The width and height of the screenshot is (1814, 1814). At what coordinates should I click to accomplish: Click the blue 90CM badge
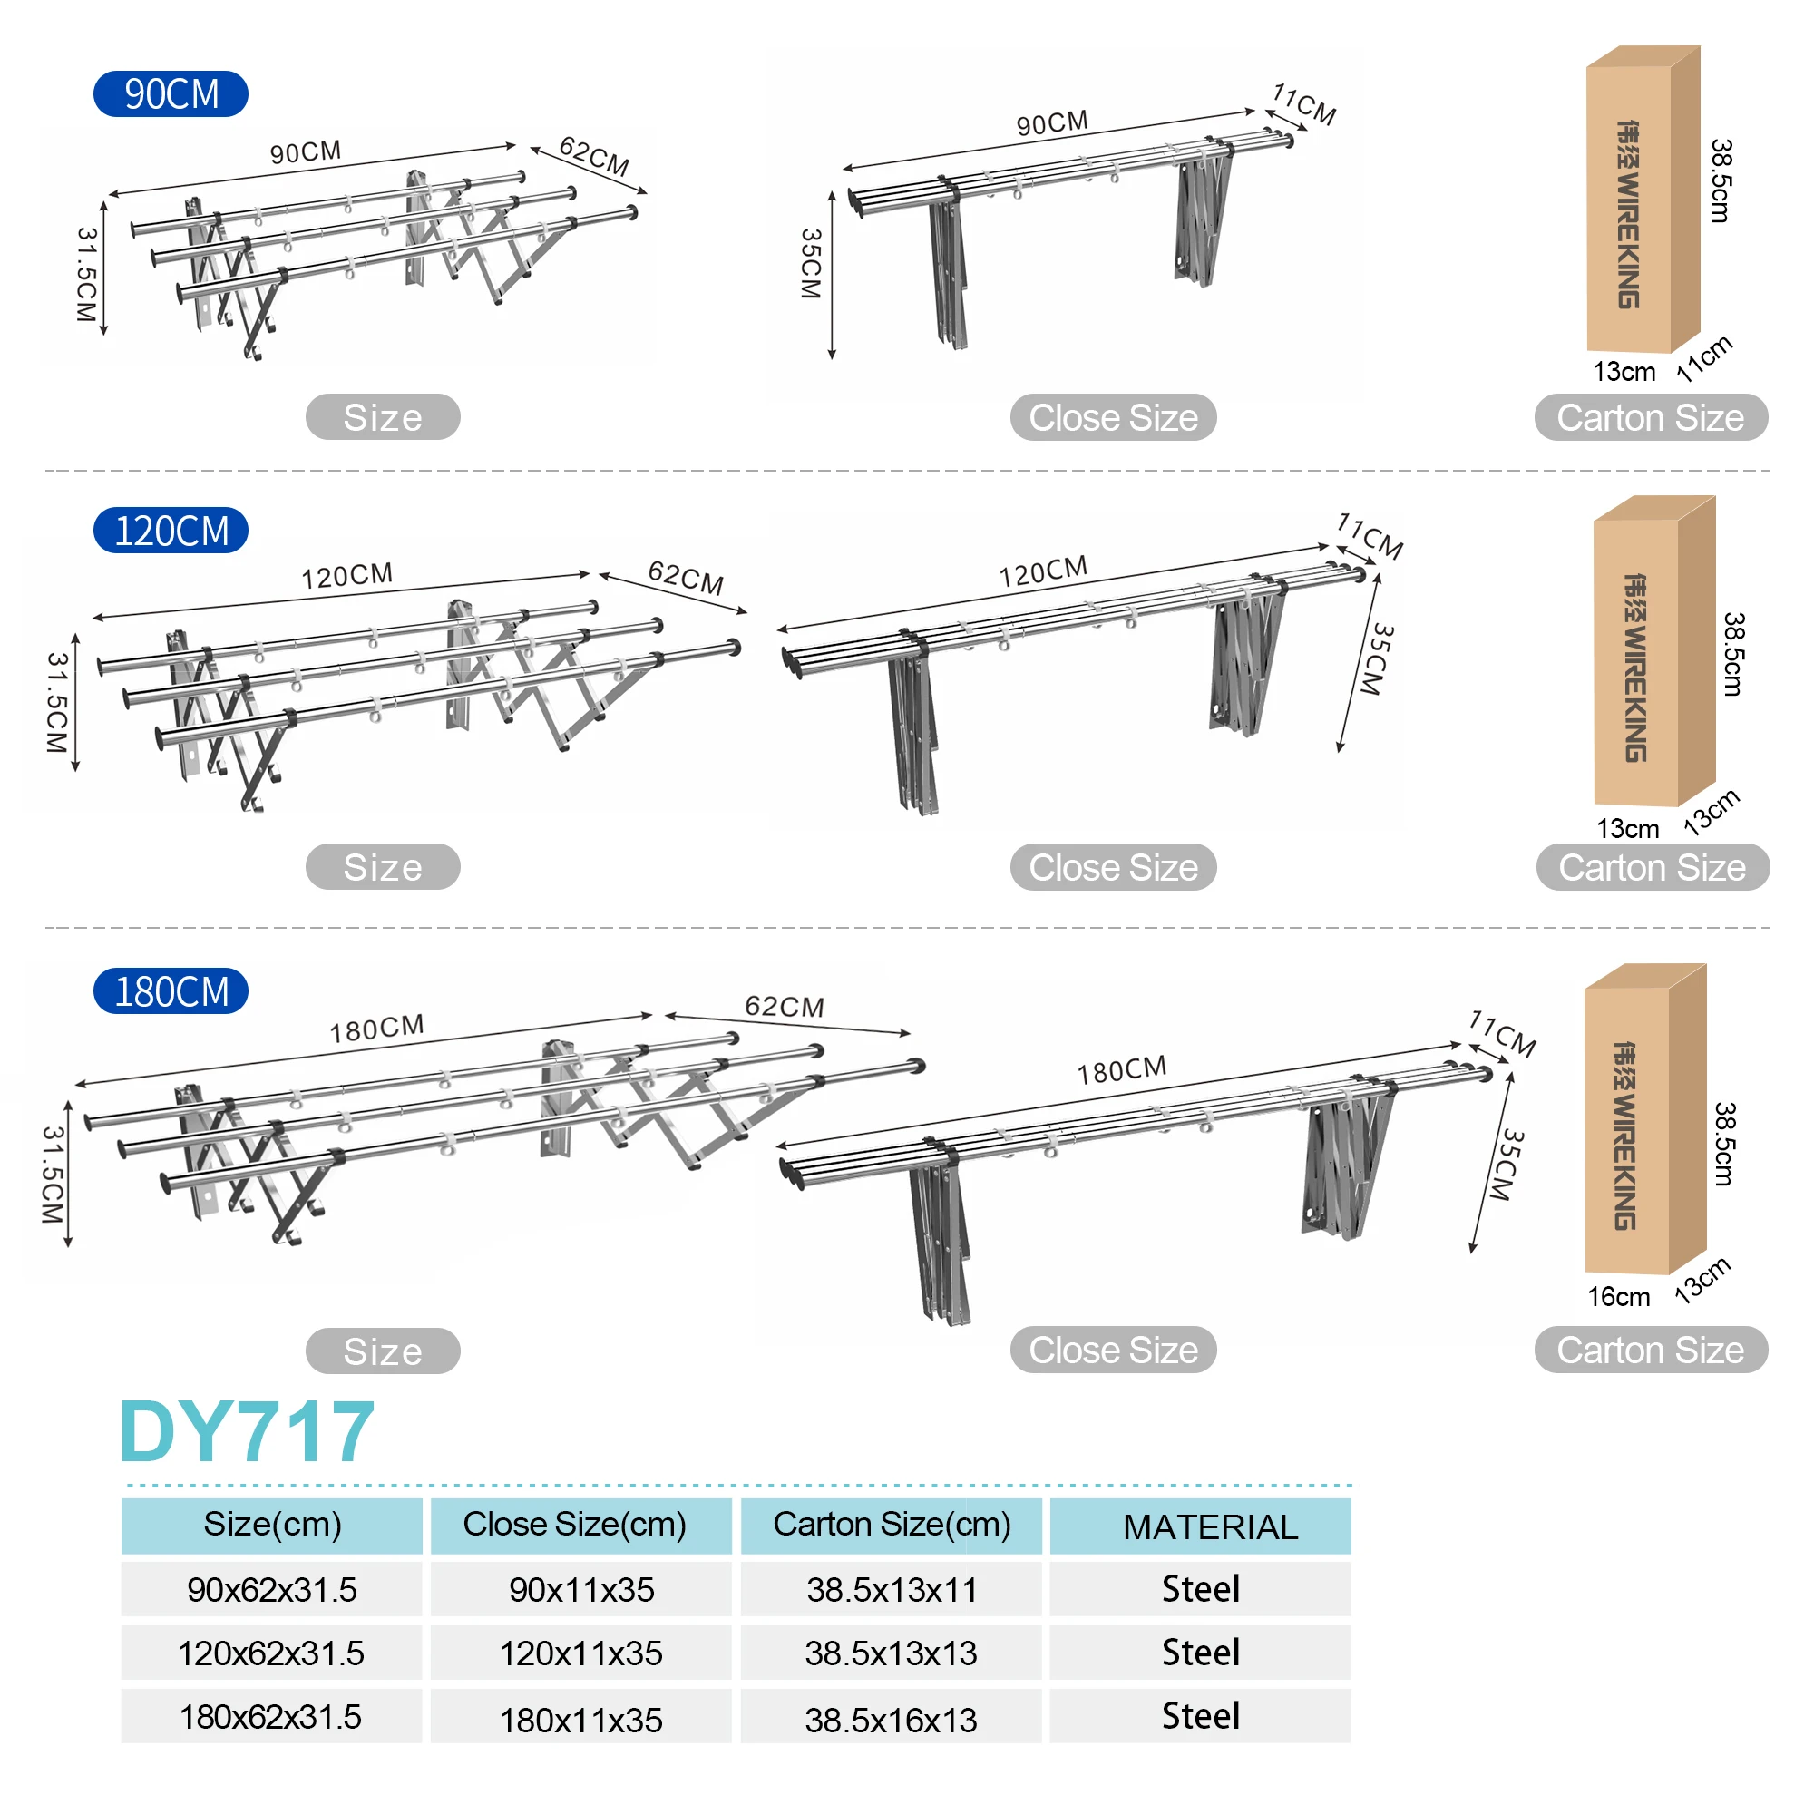click(x=171, y=94)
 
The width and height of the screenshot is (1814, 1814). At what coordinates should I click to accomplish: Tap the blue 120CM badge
click(x=171, y=532)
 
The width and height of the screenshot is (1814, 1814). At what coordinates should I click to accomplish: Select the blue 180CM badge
click(x=171, y=991)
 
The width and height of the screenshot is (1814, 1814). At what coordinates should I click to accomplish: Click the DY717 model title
click(x=247, y=1432)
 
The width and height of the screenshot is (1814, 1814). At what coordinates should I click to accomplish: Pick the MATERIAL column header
click(x=1210, y=1526)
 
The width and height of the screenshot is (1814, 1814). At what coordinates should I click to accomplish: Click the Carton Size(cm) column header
click(x=891, y=1524)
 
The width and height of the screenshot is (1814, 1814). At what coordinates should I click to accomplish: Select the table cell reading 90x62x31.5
click(x=271, y=1590)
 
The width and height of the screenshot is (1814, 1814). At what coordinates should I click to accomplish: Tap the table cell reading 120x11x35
click(x=580, y=1653)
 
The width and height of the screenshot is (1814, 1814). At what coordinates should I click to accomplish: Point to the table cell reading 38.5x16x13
click(x=890, y=1720)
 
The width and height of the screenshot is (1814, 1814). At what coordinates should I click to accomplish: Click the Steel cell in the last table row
click(x=1200, y=1716)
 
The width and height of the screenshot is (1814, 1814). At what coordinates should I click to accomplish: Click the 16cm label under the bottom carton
click(x=1618, y=1297)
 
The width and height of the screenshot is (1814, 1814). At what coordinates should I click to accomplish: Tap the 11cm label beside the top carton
click(x=1704, y=358)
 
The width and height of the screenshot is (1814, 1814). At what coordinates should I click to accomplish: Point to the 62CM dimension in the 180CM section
click(x=784, y=1007)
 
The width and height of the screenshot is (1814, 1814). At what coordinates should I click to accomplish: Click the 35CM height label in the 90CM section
click(x=811, y=263)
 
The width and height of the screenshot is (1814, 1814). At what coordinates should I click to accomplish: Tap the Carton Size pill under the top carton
click(x=1650, y=418)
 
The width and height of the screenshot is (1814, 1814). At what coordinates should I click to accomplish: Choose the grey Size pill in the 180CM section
click(x=382, y=1351)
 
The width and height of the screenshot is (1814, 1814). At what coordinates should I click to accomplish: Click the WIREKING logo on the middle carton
click(x=1634, y=667)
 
